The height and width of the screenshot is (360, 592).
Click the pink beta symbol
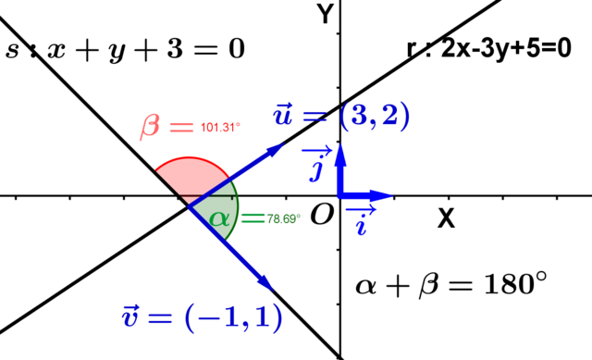click(x=150, y=126)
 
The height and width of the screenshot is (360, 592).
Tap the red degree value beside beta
click(x=220, y=127)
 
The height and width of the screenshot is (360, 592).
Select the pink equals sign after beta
click(x=181, y=127)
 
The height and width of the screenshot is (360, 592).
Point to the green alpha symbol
click(x=218, y=218)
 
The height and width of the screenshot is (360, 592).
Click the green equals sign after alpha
click(x=252, y=217)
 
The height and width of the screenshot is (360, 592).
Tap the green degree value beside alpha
click(x=283, y=219)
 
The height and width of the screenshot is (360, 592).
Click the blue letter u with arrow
click(x=283, y=115)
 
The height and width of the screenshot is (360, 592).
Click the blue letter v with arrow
click(x=130, y=316)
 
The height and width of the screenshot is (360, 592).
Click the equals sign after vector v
click(x=160, y=318)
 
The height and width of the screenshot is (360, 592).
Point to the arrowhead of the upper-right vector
click(x=275, y=148)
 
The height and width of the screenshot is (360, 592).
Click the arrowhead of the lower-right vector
click(x=265, y=282)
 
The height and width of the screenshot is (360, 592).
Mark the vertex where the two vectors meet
click(x=190, y=207)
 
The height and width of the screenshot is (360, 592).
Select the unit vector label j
click(x=317, y=168)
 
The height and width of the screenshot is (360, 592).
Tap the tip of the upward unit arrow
click(x=340, y=148)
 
